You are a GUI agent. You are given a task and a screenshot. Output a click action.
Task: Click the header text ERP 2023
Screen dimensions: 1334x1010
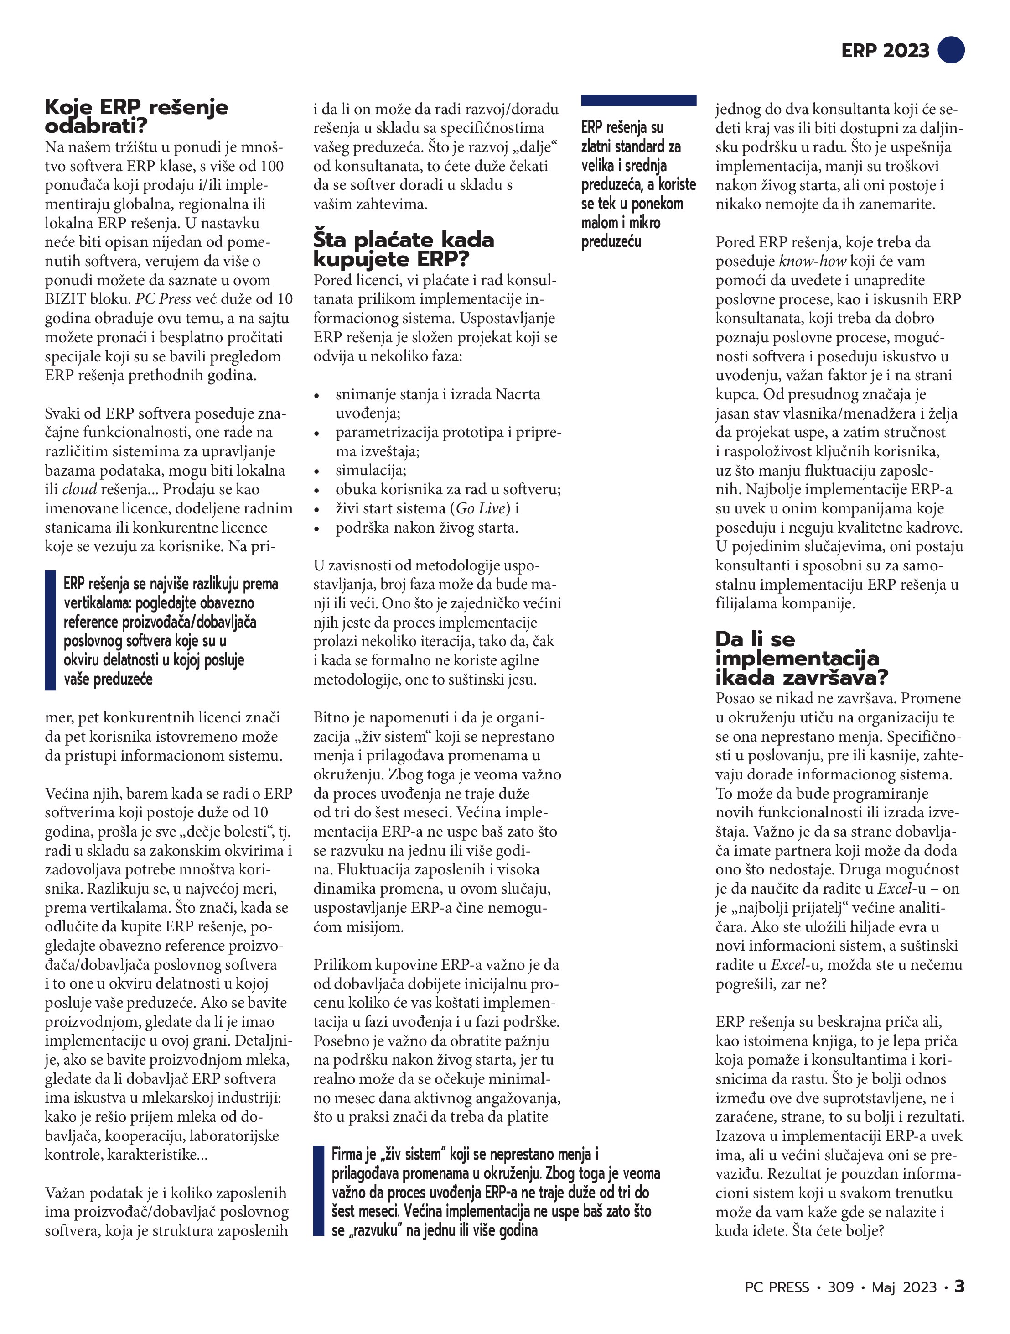(x=885, y=51)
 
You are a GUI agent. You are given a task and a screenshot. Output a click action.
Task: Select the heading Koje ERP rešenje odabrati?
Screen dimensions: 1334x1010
(x=136, y=116)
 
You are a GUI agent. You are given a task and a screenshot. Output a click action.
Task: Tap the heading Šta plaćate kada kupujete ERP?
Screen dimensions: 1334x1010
(x=403, y=249)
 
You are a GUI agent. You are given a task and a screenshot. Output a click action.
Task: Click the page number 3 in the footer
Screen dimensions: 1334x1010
(x=959, y=1287)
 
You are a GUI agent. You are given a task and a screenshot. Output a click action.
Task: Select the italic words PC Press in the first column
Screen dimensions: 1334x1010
(x=163, y=299)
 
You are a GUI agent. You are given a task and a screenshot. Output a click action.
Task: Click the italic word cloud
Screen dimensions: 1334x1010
(x=79, y=489)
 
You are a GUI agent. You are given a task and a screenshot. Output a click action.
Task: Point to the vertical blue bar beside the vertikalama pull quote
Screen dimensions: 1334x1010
(x=50, y=630)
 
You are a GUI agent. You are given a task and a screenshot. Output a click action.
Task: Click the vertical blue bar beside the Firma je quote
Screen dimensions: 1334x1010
(x=318, y=1190)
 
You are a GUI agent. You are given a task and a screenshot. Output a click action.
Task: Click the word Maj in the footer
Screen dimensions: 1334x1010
(x=883, y=1287)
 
